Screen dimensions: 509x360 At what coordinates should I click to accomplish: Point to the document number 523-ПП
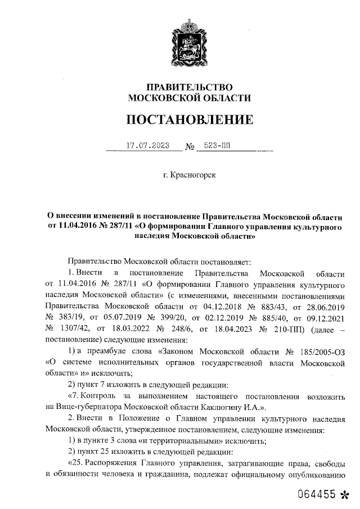click(217, 145)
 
